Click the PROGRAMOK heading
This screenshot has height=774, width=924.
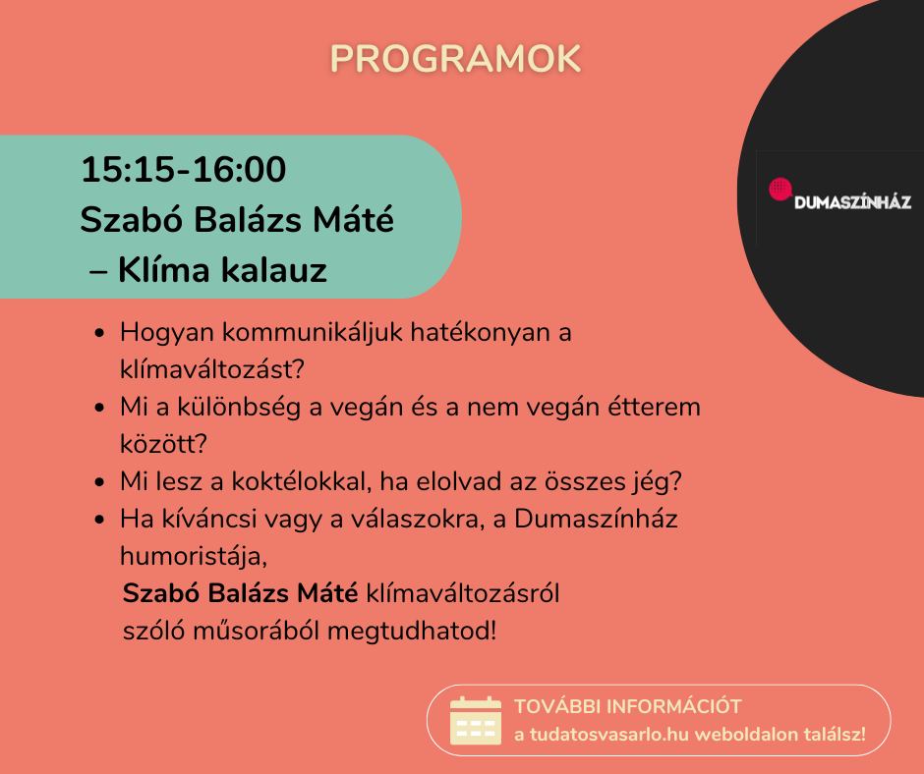click(x=455, y=58)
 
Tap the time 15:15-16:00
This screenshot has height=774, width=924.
click(x=183, y=169)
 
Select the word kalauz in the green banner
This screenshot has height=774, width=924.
click(x=273, y=270)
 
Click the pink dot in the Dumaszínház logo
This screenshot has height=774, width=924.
click(x=780, y=190)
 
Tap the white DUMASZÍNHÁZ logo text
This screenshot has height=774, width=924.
click(x=852, y=202)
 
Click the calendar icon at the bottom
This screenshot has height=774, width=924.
click(x=476, y=720)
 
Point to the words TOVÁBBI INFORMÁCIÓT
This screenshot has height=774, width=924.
click(x=627, y=706)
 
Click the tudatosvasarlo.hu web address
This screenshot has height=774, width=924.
click(x=602, y=735)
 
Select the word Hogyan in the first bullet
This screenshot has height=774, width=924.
click(x=167, y=333)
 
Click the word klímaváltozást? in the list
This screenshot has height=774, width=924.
click(x=212, y=369)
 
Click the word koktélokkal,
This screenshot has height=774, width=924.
click(x=301, y=481)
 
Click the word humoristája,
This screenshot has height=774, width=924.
click(x=194, y=556)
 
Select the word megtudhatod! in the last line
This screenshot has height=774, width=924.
click(x=412, y=631)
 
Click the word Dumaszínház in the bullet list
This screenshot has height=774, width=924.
click(x=596, y=519)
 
